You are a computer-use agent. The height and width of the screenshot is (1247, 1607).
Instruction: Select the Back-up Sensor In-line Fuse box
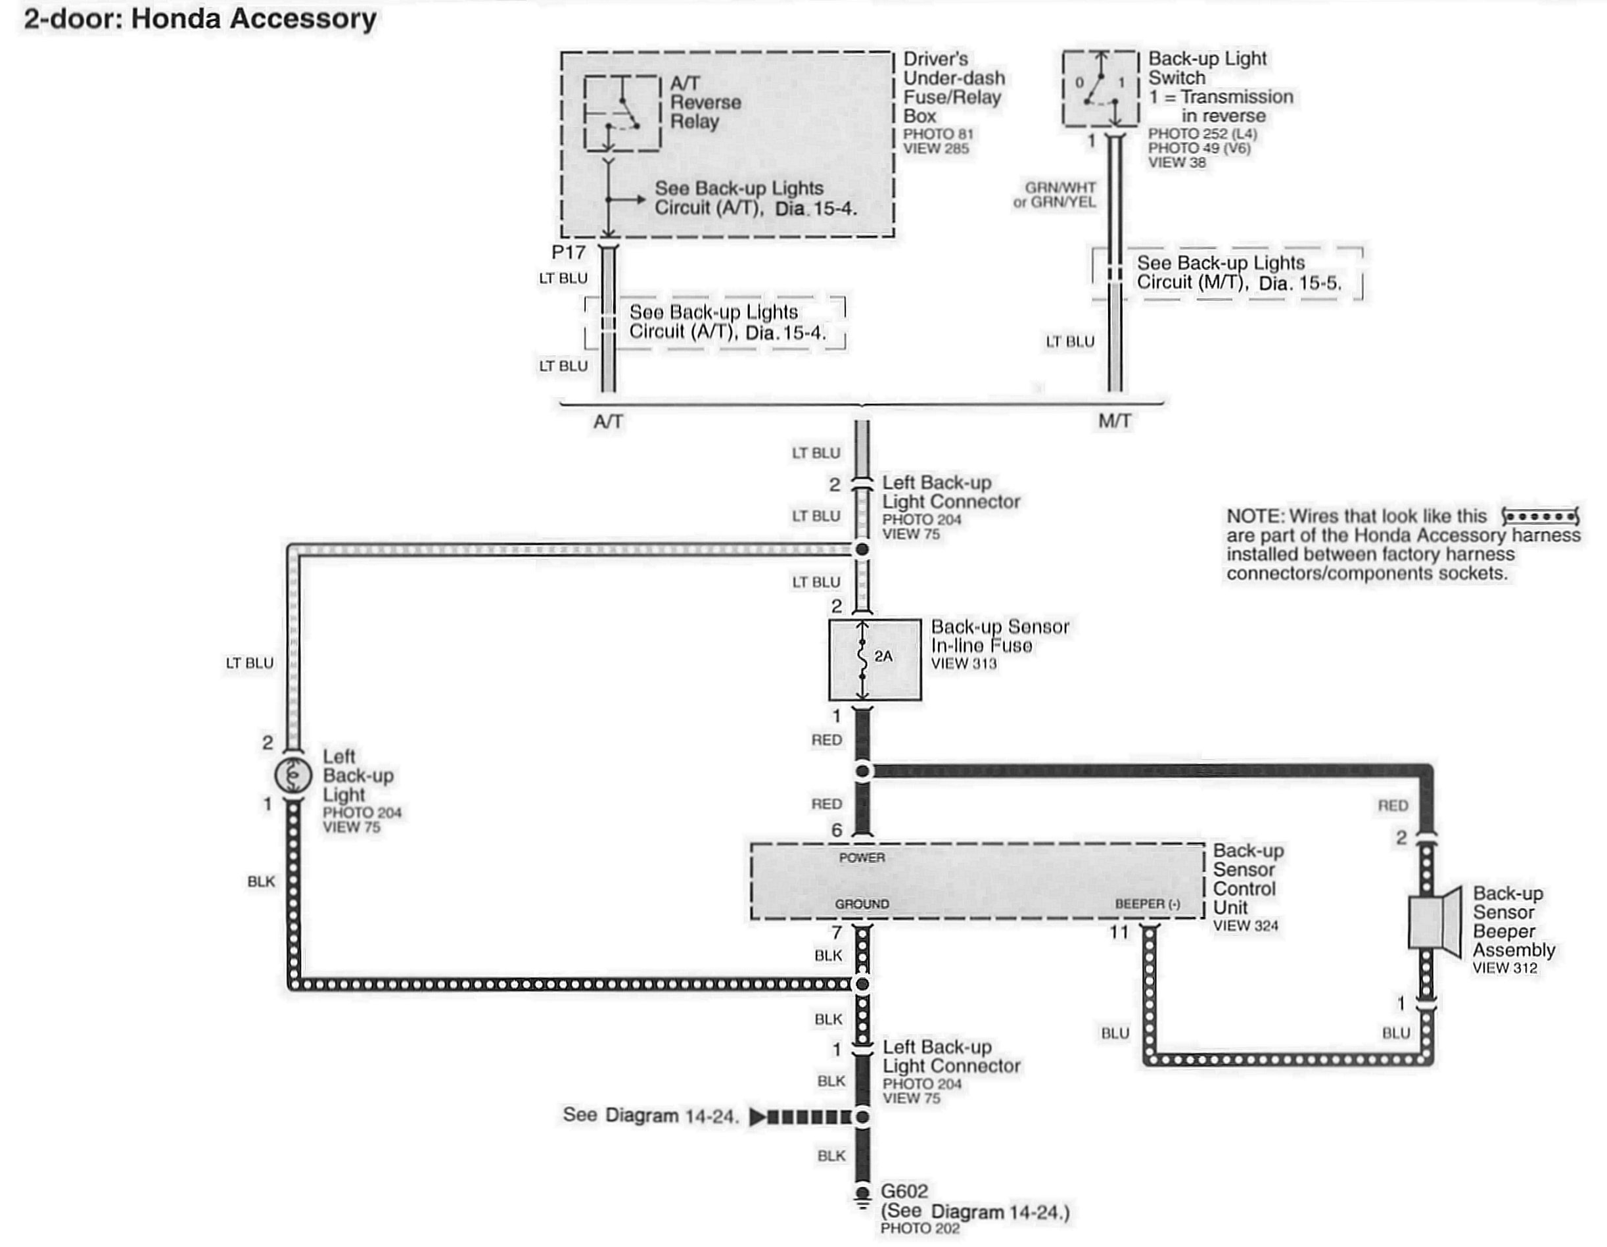[874, 660]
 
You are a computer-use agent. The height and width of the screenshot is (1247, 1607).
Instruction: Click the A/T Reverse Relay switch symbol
[622, 113]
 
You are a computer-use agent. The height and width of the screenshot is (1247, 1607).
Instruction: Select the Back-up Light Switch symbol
[1101, 88]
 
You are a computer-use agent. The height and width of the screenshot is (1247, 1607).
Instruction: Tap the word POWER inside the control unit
[862, 858]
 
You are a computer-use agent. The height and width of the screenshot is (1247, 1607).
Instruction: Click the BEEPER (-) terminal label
[1147, 904]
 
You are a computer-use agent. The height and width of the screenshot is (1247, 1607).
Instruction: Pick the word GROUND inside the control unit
[862, 904]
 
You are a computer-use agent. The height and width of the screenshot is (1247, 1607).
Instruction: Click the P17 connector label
[568, 253]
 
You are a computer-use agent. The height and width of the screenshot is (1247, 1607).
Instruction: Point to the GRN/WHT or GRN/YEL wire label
[1055, 195]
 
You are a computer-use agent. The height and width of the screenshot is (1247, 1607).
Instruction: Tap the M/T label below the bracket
[1114, 422]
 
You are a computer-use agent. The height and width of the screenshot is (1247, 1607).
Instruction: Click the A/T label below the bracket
[608, 422]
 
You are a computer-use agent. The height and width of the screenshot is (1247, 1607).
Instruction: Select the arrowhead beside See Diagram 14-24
[757, 1117]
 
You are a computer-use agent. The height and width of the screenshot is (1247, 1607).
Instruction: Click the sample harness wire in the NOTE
[1540, 516]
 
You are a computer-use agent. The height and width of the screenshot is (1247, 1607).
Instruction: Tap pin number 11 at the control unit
[1119, 933]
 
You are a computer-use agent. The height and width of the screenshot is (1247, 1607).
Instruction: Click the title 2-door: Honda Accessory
[200, 18]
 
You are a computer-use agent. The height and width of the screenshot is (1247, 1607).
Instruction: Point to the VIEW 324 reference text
[1245, 926]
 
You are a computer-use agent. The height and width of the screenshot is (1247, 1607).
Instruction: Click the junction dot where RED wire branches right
[862, 771]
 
